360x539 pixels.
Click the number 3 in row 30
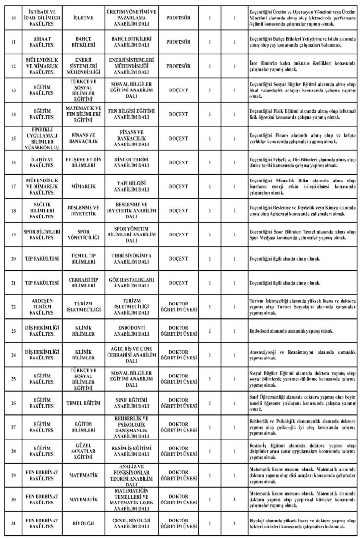[234, 499]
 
